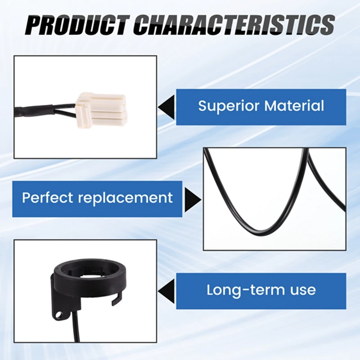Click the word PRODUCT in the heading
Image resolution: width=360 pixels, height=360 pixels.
[77, 25]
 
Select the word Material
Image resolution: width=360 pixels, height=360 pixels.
[294, 106]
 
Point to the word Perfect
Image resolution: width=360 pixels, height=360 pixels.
[47, 197]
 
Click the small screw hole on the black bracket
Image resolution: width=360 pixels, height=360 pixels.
[60, 314]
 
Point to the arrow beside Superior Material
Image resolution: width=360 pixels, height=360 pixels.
[166, 107]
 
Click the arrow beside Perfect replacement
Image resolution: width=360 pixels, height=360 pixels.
[193, 199]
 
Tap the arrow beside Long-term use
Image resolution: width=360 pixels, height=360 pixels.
[166, 291]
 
